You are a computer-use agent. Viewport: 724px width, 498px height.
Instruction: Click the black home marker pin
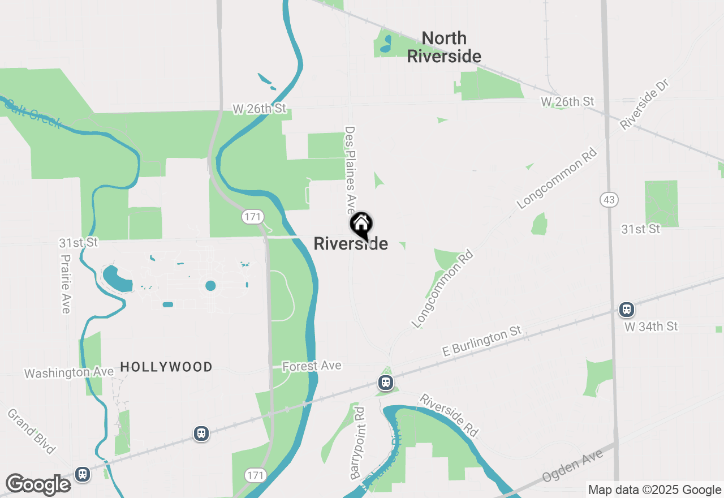click(x=361, y=225)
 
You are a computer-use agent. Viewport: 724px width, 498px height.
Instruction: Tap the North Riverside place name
click(x=444, y=47)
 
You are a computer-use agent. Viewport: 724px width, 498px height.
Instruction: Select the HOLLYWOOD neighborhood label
click(x=166, y=367)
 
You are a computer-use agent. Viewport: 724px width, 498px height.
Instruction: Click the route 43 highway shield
click(x=609, y=200)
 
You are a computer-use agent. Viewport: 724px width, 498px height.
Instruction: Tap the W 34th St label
click(x=651, y=327)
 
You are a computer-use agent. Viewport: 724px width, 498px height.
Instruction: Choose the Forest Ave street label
click(x=312, y=366)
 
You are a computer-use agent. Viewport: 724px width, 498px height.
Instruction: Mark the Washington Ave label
click(x=68, y=372)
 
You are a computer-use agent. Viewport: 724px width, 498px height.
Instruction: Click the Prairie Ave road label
click(x=66, y=284)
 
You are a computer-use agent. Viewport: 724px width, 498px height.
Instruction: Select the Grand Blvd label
click(x=31, y=431)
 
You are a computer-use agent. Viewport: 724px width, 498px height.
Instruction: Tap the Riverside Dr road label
click(x=644, y=105)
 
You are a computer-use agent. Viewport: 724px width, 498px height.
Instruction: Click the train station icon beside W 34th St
click(x=626, y=310)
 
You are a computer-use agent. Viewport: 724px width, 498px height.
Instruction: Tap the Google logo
click(x=38, y=485)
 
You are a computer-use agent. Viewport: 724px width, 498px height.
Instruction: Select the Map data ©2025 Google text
click(x=654, y=490)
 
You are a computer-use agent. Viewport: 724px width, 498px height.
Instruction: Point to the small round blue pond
click(x=210, y=286)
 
